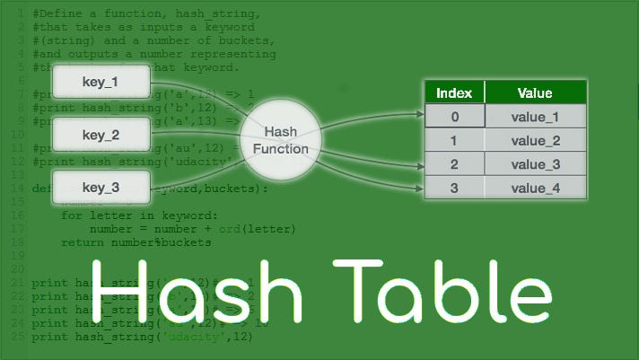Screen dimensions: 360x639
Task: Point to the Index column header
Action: (x=453, y=93)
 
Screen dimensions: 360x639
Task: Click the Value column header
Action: (x=535, y=93)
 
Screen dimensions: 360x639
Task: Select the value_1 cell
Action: (x=535, y=117)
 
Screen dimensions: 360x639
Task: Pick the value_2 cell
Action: (x=535, y=141)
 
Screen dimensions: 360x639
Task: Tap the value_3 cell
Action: (x=535, y=164)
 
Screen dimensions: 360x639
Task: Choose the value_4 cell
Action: (x=535, y=188)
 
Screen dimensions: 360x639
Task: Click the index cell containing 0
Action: (x=453, y=117)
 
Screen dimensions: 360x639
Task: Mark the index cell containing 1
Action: (x=453, y=141)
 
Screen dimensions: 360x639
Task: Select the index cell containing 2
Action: (x=453, y=164)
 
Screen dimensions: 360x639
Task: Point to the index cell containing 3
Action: (x=453, y=188)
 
